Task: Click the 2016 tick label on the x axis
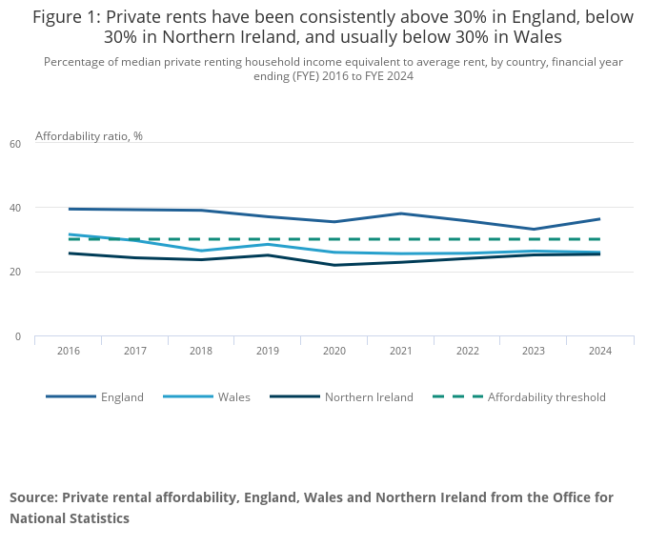pyautogui.click(x=68, y=351)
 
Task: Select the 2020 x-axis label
pyautogui.click(x=333, y=351)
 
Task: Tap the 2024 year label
pyautogui.click(x=599, y=351)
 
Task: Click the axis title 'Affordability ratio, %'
pyautogui.click(x=89, y=136)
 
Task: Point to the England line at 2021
pyautogui.click(x=400, y=213)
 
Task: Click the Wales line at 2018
pyautogui.click(x=201, y=251)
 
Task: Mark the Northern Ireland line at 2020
pyautogui.click(x=333, y=265)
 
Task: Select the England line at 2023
pyautogui.click(x=533, y=230)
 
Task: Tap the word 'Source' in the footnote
pyautogui.click(x=32, y=497)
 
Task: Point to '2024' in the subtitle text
pyautogui.click(x=397, y=76)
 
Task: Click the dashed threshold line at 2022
pyautogui.click(x=467, y=239)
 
